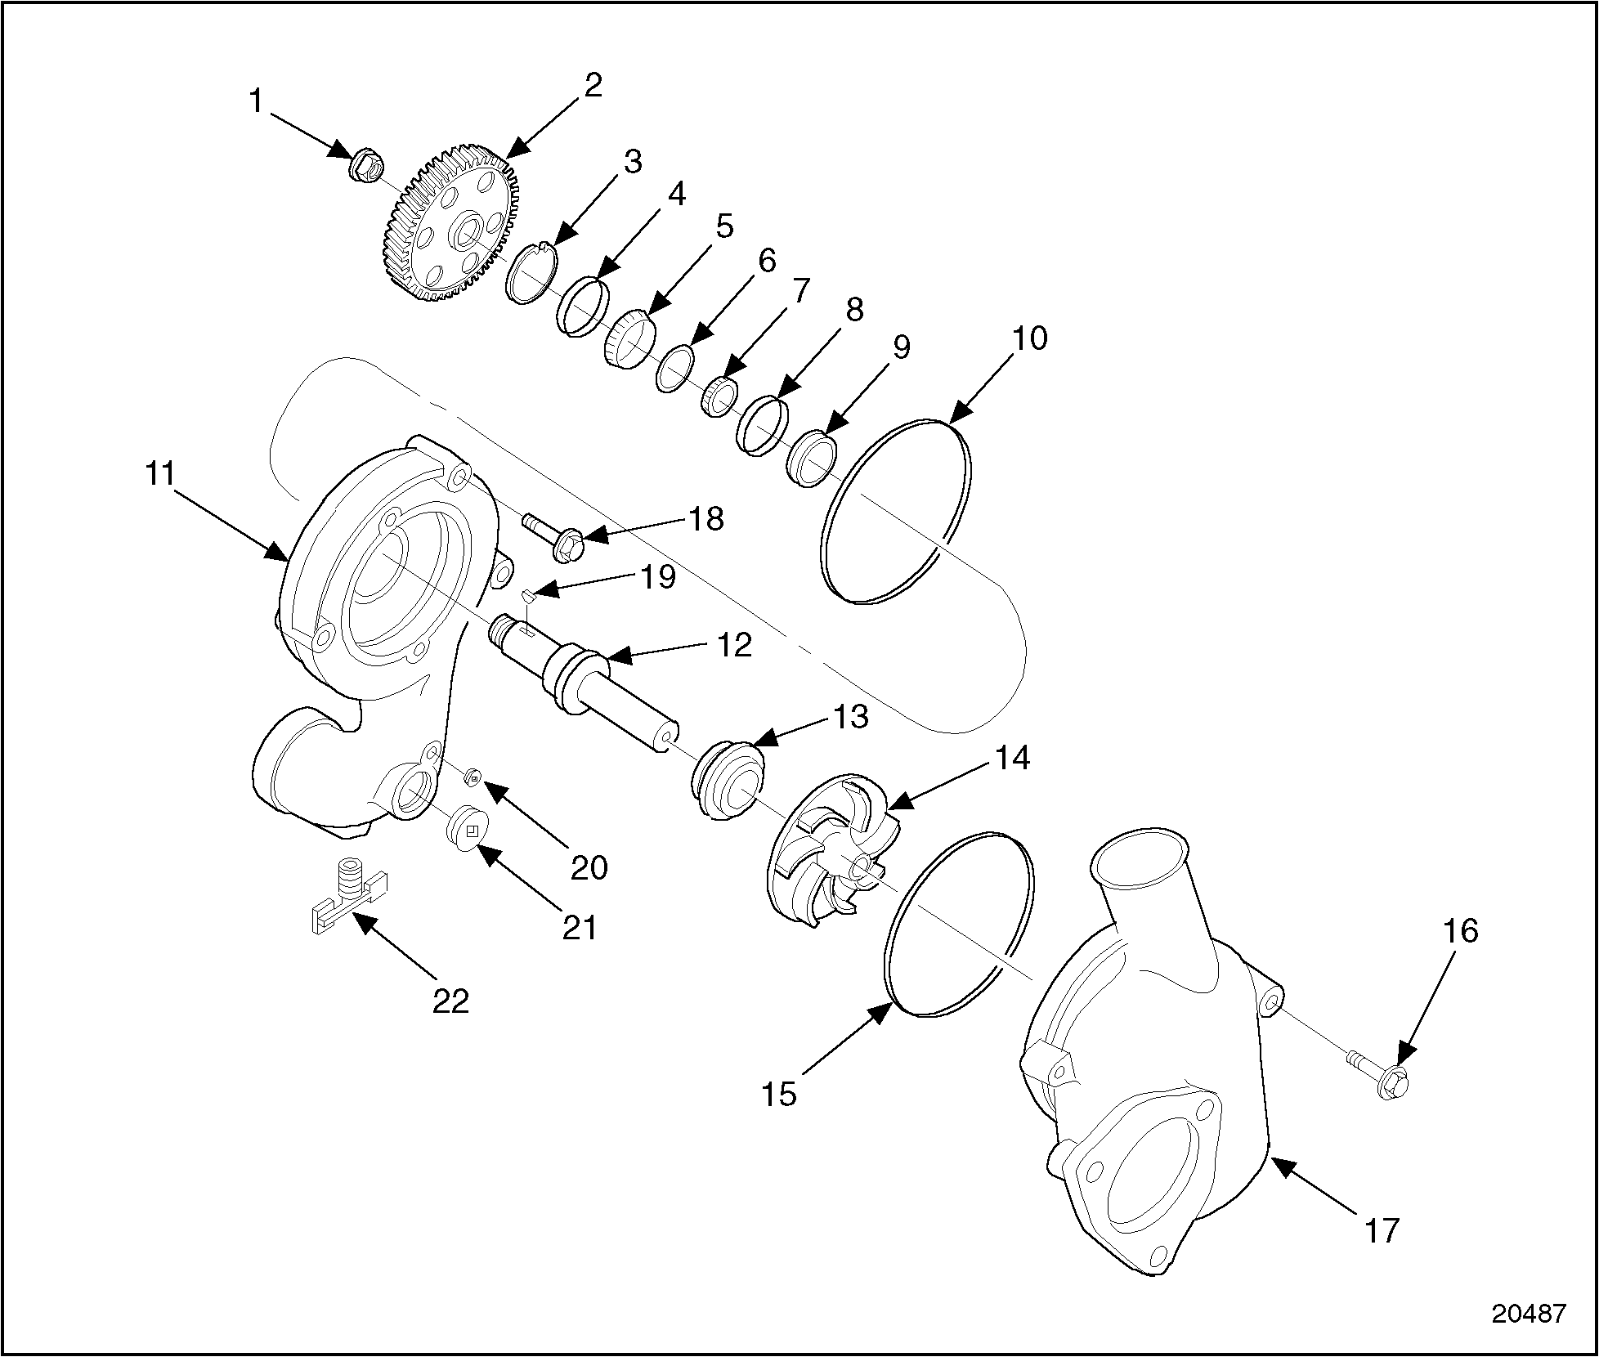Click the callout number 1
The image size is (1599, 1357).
[x=257, y=102]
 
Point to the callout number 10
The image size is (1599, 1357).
[x=1029, y=338]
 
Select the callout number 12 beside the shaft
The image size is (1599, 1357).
[x=733, y=645]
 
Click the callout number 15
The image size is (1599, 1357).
[x=778, y=1094]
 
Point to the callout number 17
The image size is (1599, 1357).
[x=1382, y=1229]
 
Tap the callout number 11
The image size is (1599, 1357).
[x=160, y=473]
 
